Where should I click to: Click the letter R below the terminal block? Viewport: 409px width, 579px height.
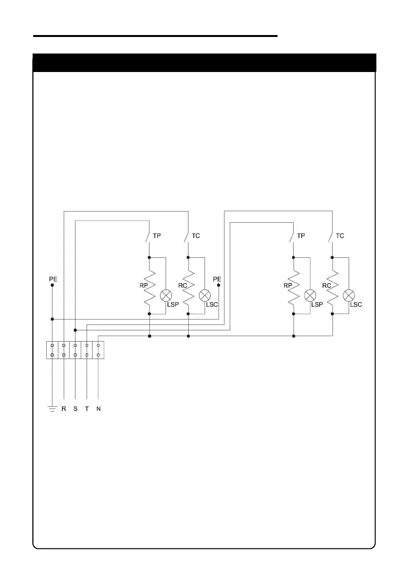(64, 409)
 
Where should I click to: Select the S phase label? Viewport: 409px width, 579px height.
(75, 409)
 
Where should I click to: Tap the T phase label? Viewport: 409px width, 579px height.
(87, 409)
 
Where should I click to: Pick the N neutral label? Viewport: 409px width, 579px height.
(98, 409)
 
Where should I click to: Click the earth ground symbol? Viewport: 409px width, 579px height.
(52, 409)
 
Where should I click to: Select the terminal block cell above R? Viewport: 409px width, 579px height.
(64, 350)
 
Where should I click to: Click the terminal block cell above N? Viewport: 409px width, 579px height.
(98, 350)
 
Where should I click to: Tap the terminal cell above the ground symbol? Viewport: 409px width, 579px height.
(52, 350)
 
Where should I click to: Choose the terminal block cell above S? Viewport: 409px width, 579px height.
(75, 350)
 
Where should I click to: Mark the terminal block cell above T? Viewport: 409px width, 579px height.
(87, 350)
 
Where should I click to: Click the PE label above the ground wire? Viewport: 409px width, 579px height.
(53, 279)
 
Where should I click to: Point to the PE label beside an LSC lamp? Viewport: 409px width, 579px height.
(217, 279)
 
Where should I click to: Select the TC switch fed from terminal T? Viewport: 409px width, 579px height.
(331, 236)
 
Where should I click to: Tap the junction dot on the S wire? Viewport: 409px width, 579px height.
(75, 330)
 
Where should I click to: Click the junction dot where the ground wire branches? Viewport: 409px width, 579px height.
(52, 319)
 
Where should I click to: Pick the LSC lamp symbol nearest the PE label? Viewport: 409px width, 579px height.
(204, 295)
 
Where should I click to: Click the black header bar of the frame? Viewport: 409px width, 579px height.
(204, 63)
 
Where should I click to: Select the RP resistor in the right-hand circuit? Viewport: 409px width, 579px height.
(294, 287)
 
